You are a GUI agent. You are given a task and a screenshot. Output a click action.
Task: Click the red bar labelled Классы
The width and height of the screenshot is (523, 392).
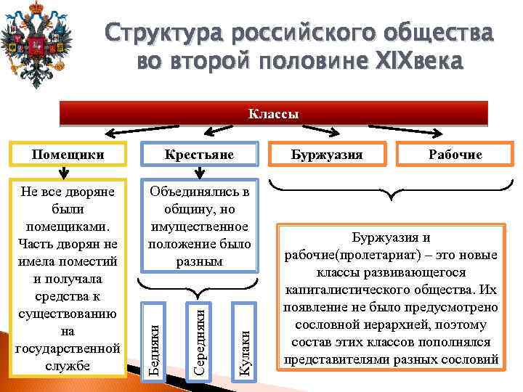[274, 114]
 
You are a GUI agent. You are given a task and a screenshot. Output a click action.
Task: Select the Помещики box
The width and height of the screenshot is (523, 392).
[66, 155]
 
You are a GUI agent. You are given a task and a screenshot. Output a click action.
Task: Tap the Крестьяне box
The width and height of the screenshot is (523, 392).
[199, 155]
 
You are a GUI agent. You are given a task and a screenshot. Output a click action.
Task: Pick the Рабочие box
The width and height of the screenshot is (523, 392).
[449, 155]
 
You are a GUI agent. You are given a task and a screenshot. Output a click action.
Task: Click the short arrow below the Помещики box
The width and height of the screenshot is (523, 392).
[64, 172]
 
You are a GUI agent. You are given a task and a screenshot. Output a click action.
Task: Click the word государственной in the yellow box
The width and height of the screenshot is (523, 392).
[66, 347]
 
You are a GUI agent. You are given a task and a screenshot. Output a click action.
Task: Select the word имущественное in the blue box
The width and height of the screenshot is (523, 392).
[199, 226]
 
